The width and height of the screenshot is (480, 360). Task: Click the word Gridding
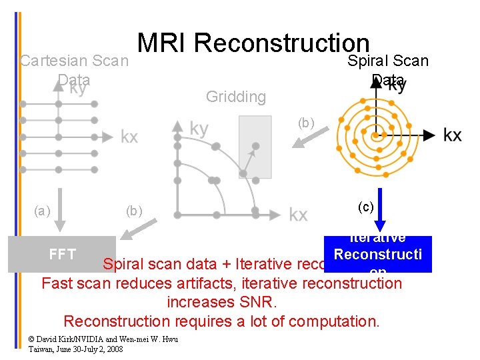tap(235, 97)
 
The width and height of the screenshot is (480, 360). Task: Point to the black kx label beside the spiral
tap(452, 135)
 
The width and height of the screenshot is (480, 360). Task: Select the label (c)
tap(365, 207)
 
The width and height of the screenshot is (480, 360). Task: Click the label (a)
tap(41, 211)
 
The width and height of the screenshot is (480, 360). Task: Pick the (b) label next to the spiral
tap(305, 123)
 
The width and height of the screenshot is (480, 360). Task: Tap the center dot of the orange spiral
tap(376, 135)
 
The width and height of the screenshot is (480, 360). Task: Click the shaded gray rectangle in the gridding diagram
tap(255, 147)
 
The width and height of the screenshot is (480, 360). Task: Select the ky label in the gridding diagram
tap(199, 127)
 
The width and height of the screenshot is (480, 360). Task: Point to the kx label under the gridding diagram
tap(298, 214)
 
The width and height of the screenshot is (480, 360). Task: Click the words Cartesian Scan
tap(74, 61)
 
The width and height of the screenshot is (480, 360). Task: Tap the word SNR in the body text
tap(251, 302)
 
